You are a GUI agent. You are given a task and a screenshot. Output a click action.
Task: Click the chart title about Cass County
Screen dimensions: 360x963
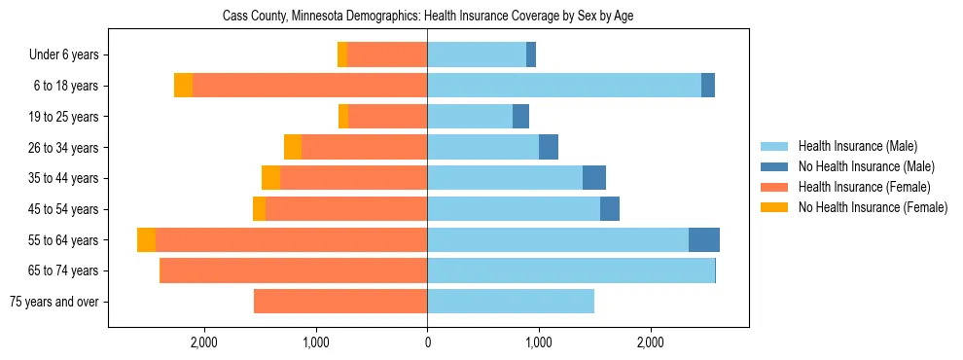click(x=428, y=17)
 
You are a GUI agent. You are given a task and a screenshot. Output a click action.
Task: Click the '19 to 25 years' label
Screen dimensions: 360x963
click(x=60, y=117)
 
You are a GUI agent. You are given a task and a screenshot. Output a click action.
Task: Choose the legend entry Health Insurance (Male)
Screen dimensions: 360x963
click(x=857, y=146)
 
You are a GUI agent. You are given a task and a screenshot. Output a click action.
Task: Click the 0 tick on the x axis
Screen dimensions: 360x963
click(x=427, y=342)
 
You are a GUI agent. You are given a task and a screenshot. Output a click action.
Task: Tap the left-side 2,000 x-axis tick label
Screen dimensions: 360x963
click(x=203, y=342)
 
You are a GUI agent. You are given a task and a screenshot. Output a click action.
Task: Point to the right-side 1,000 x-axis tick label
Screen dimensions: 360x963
click(x=538, y=342)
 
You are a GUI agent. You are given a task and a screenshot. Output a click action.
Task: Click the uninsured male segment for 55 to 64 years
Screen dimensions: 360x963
click(x=704, y=240)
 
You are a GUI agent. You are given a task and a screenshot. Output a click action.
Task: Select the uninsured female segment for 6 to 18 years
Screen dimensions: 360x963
click(x=183, y=86)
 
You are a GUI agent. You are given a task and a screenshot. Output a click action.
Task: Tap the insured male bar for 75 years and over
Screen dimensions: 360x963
click(x=511, y=302)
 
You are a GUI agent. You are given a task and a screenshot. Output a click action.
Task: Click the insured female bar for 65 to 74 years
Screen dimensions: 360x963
click(x=293, y=270)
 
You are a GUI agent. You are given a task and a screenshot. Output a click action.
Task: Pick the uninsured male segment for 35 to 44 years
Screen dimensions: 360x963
click(x=594, y=178)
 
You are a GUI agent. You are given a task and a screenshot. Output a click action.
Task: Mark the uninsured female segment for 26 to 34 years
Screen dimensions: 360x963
click(x=292, y=147)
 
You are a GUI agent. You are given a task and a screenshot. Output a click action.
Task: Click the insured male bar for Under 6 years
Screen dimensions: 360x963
click(x=477, y=55)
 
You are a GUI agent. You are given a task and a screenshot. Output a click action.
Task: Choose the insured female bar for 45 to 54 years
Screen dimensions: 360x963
click(x=346, y=209)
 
